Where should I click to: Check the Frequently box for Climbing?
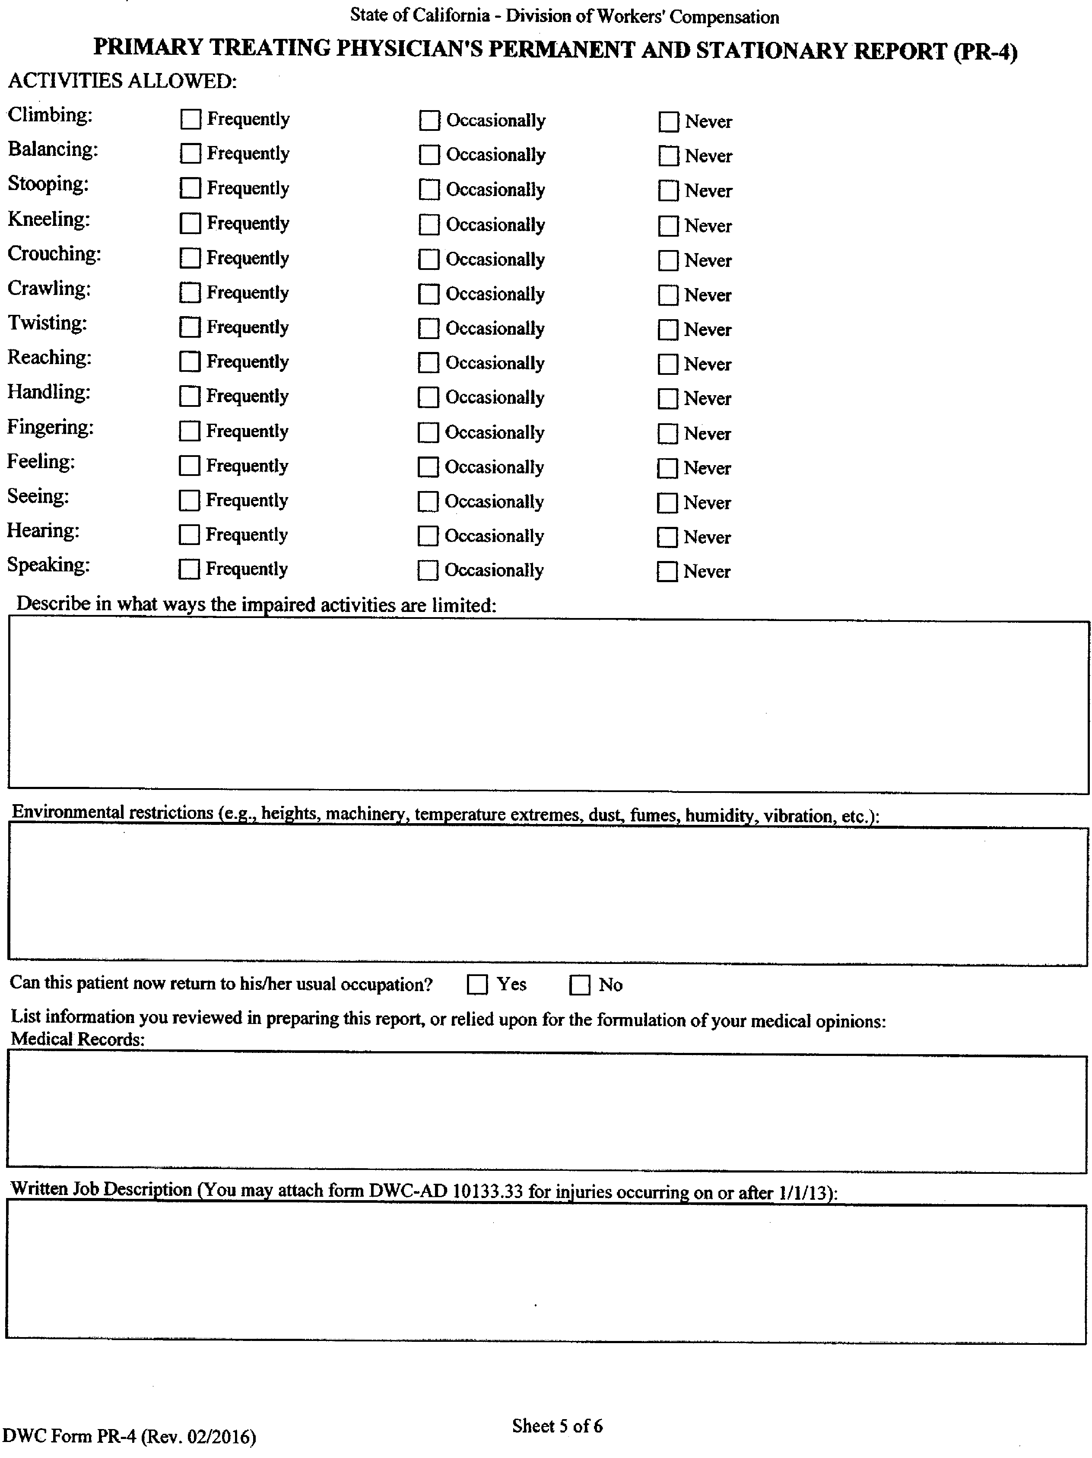(x=190, y=119)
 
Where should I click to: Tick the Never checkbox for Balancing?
(x=669, y=156)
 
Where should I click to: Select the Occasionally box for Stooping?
(x=429, y=190)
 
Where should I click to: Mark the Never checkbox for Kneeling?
(x=669, y=226)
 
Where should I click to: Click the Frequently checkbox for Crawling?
(x=190, y=293)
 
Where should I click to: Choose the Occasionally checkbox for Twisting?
(x=429, y=328)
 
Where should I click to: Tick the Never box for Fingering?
(x=668, y=434)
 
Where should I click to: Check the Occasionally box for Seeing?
(x=428, y=501)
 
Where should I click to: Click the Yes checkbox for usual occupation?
(x=477, y=985)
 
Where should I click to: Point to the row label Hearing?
(x=43, y=531)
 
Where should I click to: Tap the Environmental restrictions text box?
(x=547, y=897)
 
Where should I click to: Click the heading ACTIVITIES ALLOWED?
(x=122, y=81)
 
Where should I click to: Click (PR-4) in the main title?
(x=985, y=51)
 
